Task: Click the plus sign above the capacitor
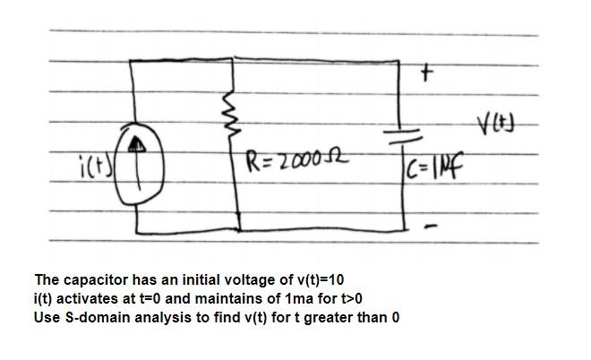(x=427, y=76)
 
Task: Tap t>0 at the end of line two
(x=347, y=297)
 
